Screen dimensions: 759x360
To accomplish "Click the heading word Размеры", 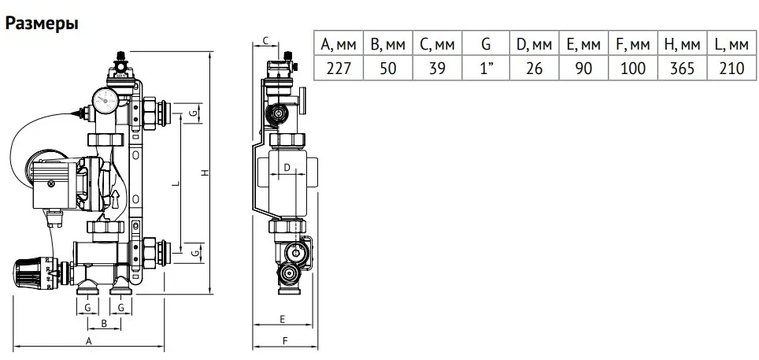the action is (x=42, y=24).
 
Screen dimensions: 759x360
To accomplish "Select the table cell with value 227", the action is (x=339, y=68).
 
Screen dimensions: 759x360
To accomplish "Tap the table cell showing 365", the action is (x=682, y=68).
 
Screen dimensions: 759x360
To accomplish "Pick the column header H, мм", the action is (x=682, y=43).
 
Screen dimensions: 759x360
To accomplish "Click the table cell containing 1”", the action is (x=486, y=68).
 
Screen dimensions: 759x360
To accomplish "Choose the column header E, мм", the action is (x=583, y=43).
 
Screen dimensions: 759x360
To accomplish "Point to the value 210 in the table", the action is (x=731, y=68).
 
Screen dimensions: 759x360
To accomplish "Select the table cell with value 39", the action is (x=437, y=68).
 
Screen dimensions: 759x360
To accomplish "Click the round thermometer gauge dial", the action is (x=106, y=100).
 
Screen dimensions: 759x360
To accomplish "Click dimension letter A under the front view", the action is (x=89, y=341).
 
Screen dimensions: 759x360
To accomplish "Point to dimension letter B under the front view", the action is (x=103, y=323).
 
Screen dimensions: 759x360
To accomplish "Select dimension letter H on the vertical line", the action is (x=205, y=173).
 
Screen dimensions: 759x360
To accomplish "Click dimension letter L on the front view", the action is (x=176, y=184).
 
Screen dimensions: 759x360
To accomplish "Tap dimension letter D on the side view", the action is (x=287, y=168).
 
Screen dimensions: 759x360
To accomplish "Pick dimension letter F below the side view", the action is (x=285, y=341).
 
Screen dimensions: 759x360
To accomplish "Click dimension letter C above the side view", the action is (x=265, y=40).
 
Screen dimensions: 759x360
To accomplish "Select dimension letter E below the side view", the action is (x=283, y=318).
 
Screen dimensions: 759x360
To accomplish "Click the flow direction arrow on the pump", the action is (x=115, y=199).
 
